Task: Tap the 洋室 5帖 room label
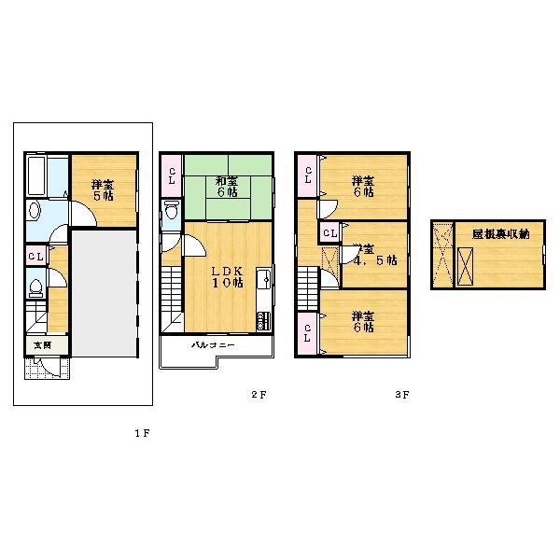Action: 103,190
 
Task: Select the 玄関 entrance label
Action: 42,345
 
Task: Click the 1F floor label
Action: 141,433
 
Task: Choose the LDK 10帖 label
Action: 226,276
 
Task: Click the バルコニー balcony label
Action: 213,345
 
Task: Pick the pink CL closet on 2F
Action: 172,174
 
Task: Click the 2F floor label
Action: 259,395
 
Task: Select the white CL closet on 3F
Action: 330,232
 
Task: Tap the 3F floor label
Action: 401,395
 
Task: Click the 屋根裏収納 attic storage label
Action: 500,235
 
